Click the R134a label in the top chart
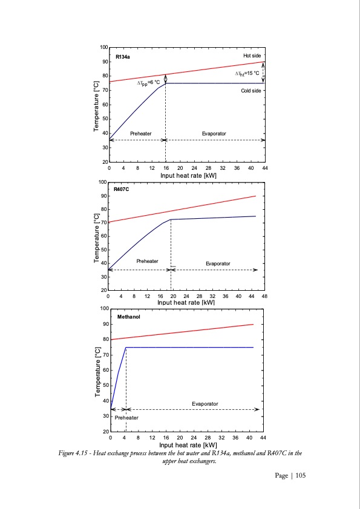click(123, 56)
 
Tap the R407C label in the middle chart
click(122, 189)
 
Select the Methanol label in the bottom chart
click(128, 316)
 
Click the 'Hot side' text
click(252, 56)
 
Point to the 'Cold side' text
click(251, 91)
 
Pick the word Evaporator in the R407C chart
click(217, 264)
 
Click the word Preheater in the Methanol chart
click(126, 418)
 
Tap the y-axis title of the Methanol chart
click(97, 371)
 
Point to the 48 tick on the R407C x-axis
click(264, 296)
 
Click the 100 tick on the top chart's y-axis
click(104, 47)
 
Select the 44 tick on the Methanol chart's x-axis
click(263, 436)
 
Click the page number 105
click(299, 476)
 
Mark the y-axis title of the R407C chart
click(96, 238)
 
